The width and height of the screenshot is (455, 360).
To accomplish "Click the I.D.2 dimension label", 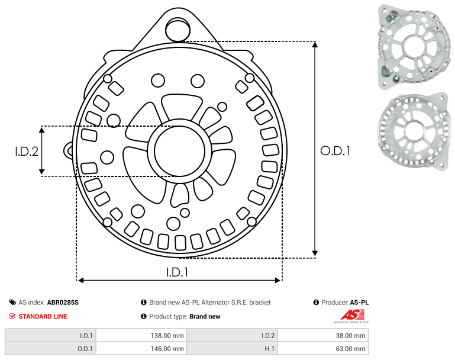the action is click(27, 152).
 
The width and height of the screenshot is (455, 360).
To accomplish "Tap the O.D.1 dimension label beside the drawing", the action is click(335, 151).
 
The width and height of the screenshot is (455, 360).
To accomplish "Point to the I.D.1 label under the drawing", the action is click(178, 272).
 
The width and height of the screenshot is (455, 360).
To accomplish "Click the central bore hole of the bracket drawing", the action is click(180, 151).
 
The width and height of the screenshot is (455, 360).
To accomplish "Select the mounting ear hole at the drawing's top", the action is click(178, 29).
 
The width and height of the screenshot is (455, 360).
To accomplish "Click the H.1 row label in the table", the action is click(269, 349).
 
